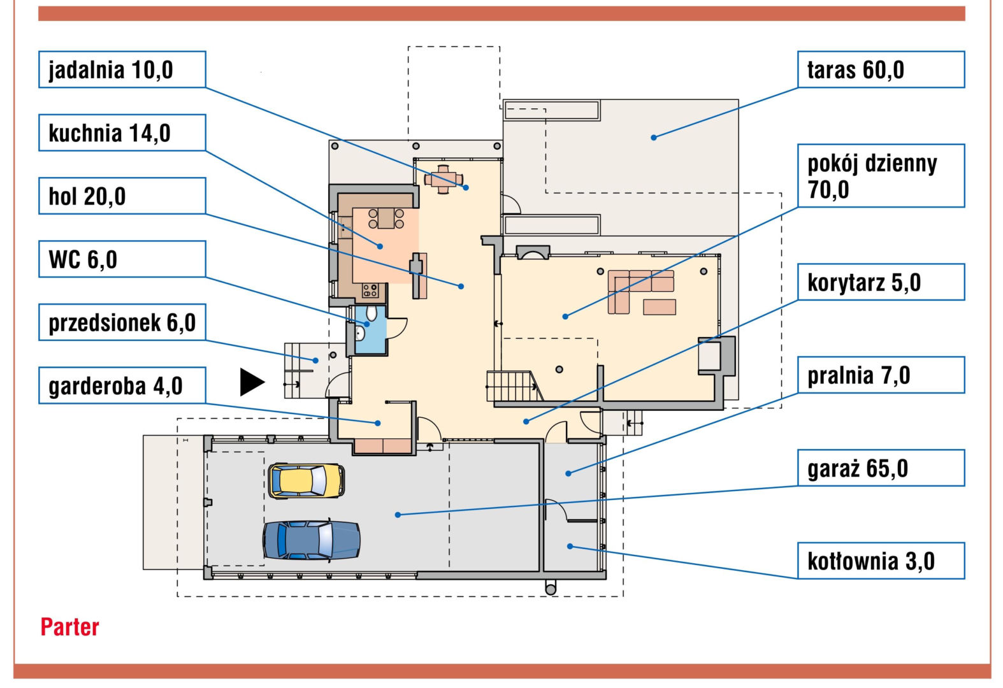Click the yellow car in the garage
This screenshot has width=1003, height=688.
coord(307,481)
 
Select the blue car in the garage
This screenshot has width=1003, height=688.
coord(311,540)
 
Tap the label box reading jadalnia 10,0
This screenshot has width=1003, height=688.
coord(122,69)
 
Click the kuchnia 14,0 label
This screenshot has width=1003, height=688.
coord(122,133)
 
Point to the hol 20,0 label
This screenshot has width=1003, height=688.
coord(122,196)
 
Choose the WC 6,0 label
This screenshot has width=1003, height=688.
coord(122,259)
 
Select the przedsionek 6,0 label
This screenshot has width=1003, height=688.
coord(122,322)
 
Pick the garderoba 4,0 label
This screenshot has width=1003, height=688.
coord(122,385)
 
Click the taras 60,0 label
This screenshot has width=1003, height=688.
coord(881,69)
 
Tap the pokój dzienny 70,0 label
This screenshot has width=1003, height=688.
coord(881,175)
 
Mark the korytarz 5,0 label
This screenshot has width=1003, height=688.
coord(881,282)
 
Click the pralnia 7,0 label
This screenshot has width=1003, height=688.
coord(881,375)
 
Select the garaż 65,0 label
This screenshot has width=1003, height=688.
coord(881,468)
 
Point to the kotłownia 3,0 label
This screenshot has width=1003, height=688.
coord(881,561)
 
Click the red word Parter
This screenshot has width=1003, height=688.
coord(70,627)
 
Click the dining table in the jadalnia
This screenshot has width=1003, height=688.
coord(444,180)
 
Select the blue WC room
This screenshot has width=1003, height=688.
coord(370,330)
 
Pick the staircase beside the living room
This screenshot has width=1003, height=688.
coord(514,386)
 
